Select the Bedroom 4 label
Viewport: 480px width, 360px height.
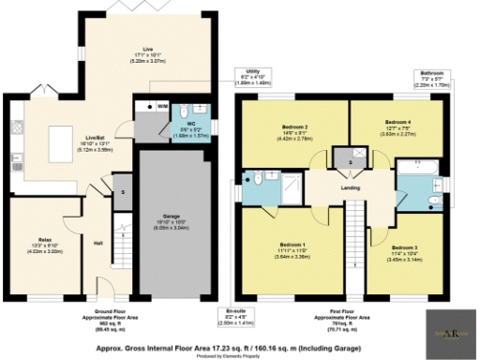(x=397, y=121)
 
